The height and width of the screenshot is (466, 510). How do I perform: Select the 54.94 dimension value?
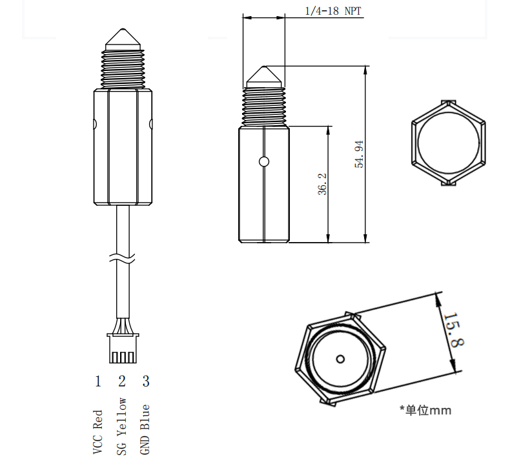click(360, 154)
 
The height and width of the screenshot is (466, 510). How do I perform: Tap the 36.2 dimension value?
click(323, 184)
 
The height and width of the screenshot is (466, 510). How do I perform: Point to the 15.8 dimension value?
click(454, 330)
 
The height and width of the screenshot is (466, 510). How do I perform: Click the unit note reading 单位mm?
click(425, 410)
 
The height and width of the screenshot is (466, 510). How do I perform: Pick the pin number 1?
click(98, 381)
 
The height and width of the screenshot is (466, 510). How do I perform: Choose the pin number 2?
click(121, 381)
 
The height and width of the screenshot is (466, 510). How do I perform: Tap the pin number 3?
click(146, 381)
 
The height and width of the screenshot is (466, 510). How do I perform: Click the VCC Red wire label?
click(98, 432)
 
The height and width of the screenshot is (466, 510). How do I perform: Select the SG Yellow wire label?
click(121, 427)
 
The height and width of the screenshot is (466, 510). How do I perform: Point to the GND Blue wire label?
click(145, 429)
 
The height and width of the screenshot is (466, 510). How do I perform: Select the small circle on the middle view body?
click(263, 161)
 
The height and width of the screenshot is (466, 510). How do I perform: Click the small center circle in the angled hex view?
click(340, 358)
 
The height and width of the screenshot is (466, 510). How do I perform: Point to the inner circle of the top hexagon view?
click(447, 143)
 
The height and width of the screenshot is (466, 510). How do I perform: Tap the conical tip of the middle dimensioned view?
click(263, 77)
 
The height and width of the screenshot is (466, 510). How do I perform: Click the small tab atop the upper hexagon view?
click(448, 102)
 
